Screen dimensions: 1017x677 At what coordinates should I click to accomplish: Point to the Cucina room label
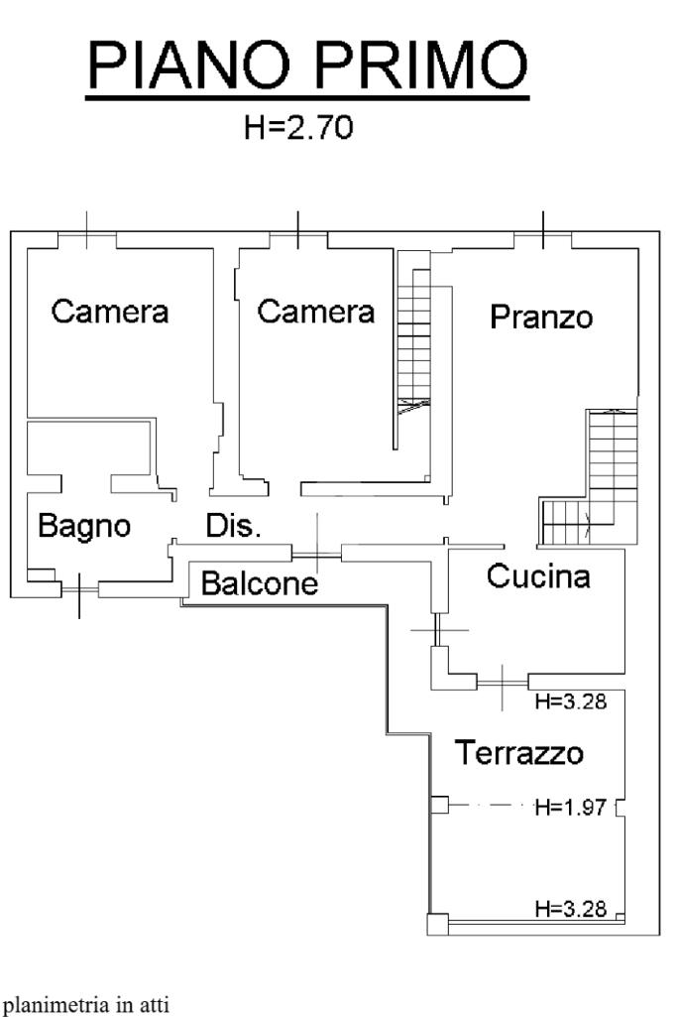point(538,576)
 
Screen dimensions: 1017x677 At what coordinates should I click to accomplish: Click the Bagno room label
point(83,526)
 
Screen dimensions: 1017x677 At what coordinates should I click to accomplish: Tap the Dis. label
point(233,526)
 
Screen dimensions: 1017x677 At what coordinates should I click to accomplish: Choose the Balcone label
point(259,584)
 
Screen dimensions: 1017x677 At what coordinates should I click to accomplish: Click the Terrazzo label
point(519,753)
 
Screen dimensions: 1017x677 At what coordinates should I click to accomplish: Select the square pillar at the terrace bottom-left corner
point(436,925)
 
